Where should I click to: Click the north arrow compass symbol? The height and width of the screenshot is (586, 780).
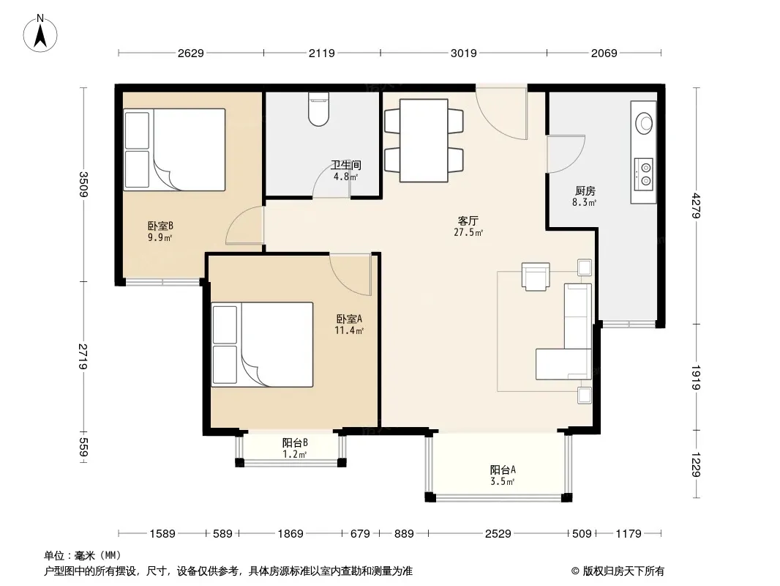[x=40, y=34]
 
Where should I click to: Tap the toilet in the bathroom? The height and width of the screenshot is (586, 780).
[x=318, y=110]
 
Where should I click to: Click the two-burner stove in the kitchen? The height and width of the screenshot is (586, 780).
[x=644, y=174]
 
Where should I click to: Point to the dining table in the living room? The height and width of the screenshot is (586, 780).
[x=424, y=141]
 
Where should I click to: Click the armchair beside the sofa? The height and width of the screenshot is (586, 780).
[x=536, y=276]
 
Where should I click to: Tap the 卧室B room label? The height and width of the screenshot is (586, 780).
[x=160, y=226]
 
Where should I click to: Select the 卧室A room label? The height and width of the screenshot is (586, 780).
[x=349, y=318]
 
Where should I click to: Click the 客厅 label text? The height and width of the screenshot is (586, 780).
[x=468, y=220]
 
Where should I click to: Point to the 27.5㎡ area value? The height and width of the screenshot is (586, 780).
[x=468, y=232]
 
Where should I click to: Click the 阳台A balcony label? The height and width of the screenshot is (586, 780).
[x=503, y=470]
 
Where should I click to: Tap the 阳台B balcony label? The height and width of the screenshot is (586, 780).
[x=295, y=442]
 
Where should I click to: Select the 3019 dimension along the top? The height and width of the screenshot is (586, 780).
[x=464, y=53]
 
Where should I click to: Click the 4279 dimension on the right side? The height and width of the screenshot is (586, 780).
[x=696, y=206]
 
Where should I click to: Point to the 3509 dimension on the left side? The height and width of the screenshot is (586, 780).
[x=83, y=184]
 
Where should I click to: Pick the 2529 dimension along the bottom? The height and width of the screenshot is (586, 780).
[x=498, y=534]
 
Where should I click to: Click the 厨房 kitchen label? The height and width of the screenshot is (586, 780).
[x=585, y=190]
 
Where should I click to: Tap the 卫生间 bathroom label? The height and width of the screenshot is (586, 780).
[x=346, y=165]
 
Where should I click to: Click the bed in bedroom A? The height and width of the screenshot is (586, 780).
[x=262, y=344]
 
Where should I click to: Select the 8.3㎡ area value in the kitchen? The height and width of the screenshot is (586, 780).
[x=585, y=202]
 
